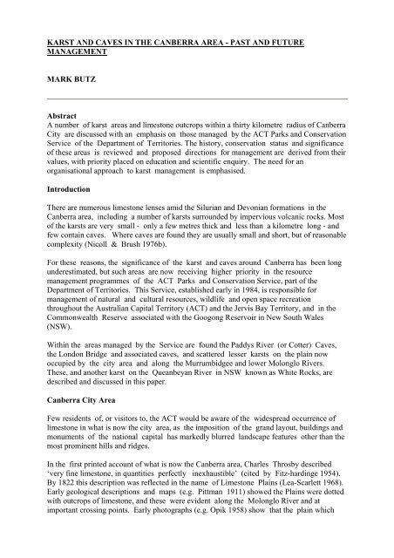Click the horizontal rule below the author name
(x=196, y=97)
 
